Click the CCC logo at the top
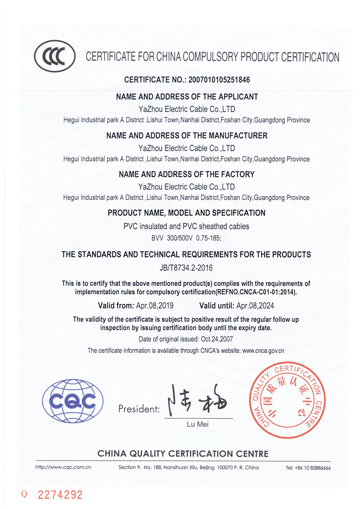[x=55, y=56]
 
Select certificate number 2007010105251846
[x=219, y=80]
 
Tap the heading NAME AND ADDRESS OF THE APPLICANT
[x=187, y=97]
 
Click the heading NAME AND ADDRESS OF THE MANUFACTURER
[x=187, y=136]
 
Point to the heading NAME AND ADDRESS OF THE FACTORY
[x=186, y=174]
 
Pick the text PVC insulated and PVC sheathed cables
[x=186, y=226]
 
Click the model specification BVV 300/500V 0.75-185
[x=186, y=238]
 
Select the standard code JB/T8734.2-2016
[x=186, y=268]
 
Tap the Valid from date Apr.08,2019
[x=155, y=306]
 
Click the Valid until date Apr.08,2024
[x=255, y=306]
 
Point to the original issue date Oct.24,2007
[x=217, y=339]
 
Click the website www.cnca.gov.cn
[x=263, y=351]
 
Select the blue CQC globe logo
[x=73, y=401]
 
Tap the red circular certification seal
[x=288, y=400]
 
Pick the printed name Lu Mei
[x=198, y=424]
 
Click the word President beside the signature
[x=139, y=409]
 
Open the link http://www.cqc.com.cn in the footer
[x=63, y=467]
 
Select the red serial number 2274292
[x=60, y=495]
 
